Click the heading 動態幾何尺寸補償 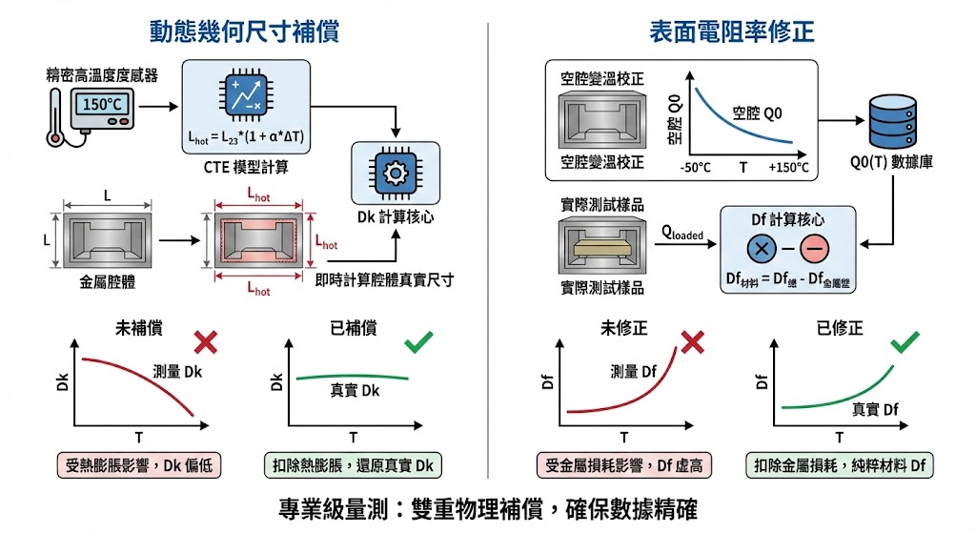[x=244, y=32]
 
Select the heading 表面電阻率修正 [x=732, y=32]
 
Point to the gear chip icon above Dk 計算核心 [x=395, y=173]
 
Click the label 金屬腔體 [x=107, y=283]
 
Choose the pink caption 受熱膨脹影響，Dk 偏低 [x=139, y=466]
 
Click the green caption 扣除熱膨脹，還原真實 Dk [x=353, y=466]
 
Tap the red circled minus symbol [x=814, y=250]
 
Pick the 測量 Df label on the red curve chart [x=635, y=372]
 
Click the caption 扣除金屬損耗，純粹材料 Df [x=840, y=466]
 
